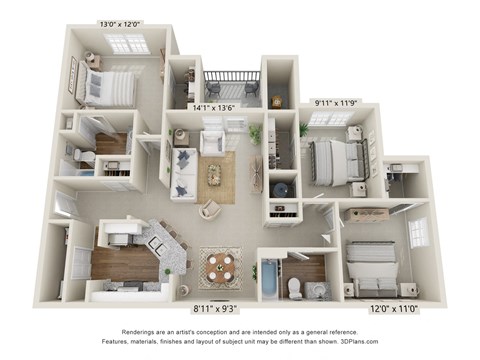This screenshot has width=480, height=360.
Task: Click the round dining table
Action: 220,265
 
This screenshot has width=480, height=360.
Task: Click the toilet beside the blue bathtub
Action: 295,287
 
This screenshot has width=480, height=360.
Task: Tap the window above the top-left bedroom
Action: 127,44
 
